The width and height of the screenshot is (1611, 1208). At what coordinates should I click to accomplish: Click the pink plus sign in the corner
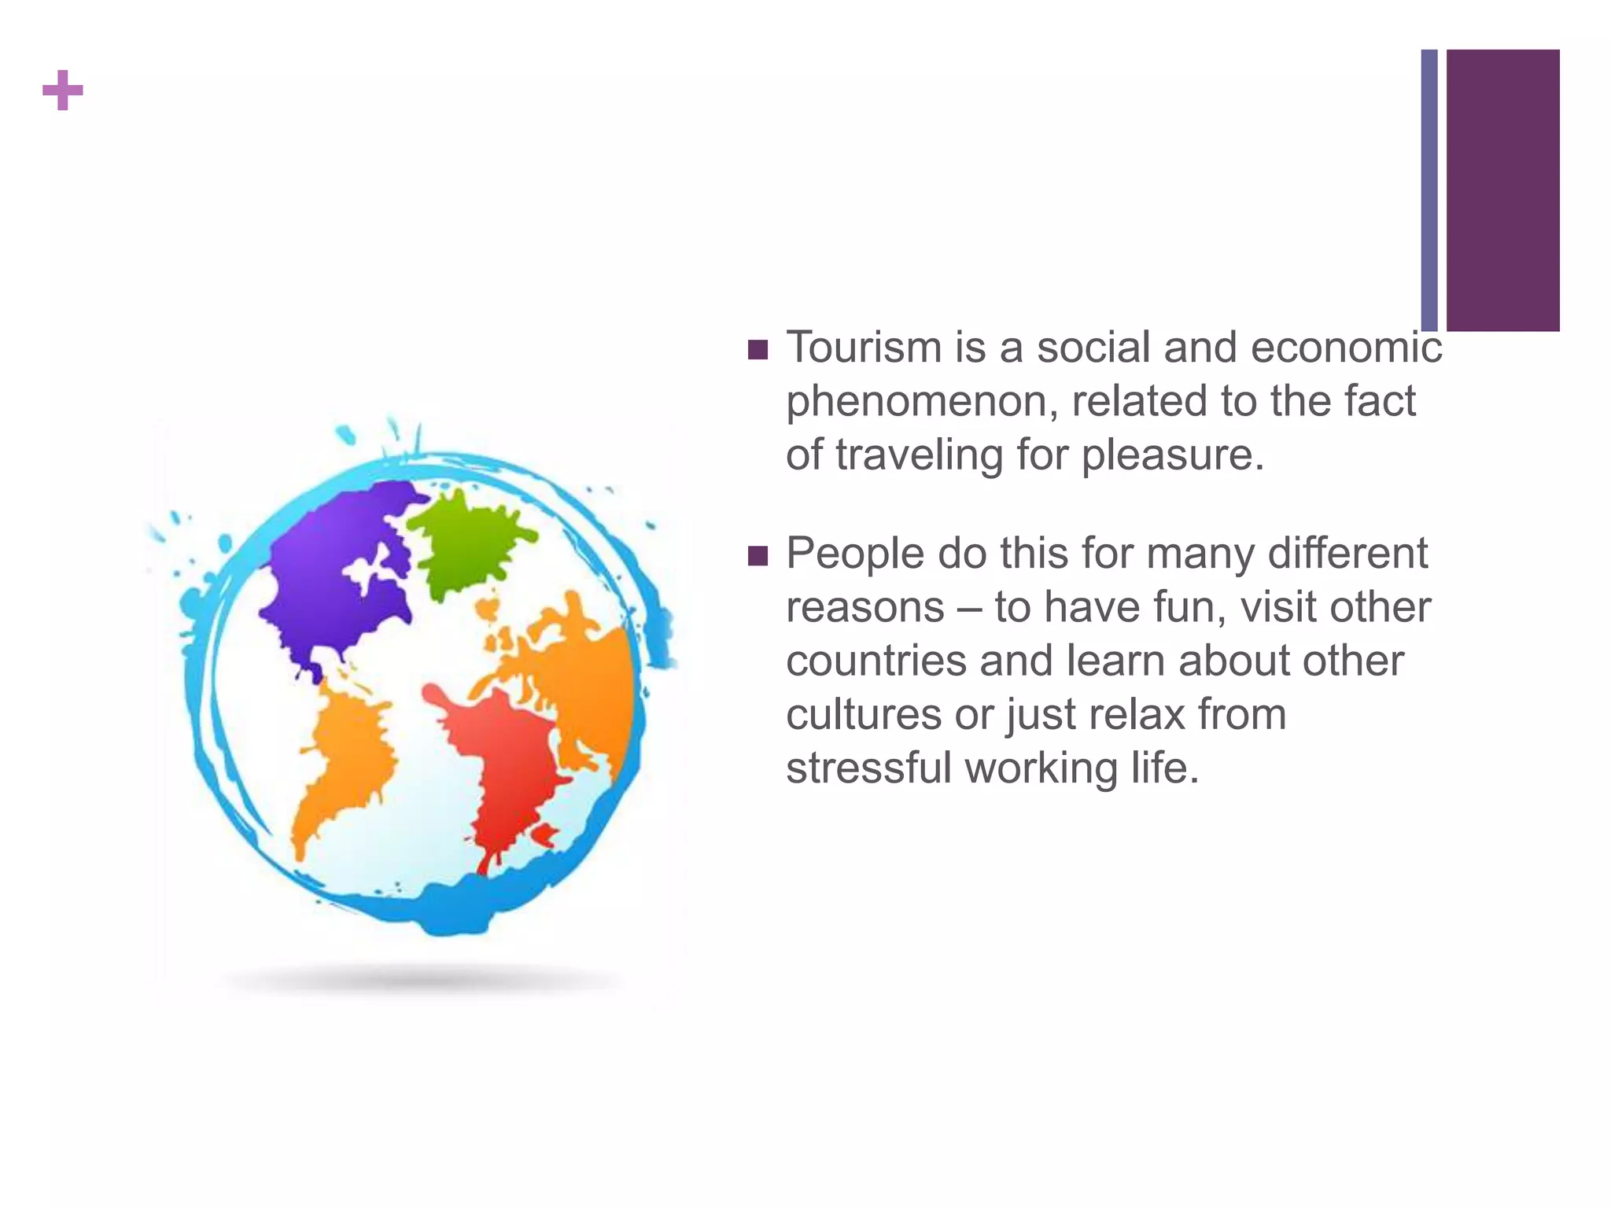point(63,90)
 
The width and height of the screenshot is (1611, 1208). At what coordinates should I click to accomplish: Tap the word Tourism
point(864,347)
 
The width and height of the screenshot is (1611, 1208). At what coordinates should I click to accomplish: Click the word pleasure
point(1172,455)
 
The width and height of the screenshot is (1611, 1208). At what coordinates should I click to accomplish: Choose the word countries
point(876,661)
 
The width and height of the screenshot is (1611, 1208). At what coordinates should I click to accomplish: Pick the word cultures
point(864,715)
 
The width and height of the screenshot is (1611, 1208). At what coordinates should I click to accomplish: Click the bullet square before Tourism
point(758,349)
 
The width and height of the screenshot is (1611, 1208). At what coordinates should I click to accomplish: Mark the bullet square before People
point(758,556)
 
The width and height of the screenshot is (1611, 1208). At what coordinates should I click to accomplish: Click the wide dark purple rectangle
point(1502,190)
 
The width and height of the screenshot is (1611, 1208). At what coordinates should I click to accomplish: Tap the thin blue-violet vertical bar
point(1429,190)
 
